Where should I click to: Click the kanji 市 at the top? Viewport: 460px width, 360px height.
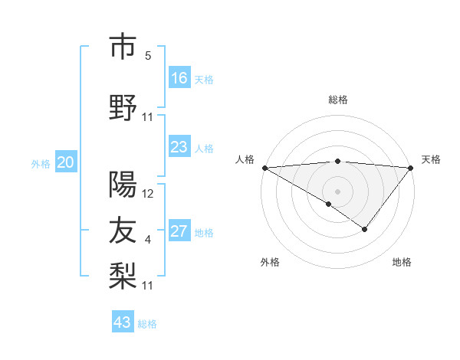point(123,47)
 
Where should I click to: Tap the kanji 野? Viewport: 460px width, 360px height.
point(123,108)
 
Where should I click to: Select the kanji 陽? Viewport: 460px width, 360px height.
point(123,184)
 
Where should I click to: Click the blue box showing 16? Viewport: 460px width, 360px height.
point(179,78)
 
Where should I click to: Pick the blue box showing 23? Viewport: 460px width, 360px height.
point(179,147)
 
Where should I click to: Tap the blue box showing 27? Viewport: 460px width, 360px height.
point(179,231)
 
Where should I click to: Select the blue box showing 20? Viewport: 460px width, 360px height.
point(66,162)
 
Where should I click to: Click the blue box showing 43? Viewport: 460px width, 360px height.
point(123,322)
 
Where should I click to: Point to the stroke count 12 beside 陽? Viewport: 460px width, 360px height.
point(148,194)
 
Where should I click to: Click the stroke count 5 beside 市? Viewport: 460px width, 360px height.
point(148,56)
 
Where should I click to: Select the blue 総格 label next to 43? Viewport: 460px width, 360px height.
point(147,324)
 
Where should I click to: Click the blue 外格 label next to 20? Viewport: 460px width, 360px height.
point(41,164)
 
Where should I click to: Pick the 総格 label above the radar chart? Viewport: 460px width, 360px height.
point(337,100)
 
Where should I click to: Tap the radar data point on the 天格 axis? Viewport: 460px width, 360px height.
point(412,168)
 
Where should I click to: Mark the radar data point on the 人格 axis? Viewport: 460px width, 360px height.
point(264,168)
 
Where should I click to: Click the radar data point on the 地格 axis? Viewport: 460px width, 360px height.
point(365,229)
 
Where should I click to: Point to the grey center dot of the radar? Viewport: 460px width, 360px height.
point(337,191)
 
